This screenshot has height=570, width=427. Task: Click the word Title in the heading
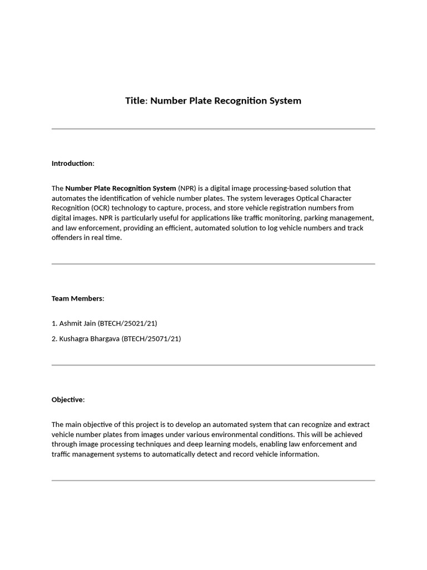click(x=135, y=101)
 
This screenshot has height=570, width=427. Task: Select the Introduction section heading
click(x=73, y=163)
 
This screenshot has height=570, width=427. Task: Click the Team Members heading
click(x=78, y=298)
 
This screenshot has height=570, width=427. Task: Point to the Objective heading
click(x=68, y=400)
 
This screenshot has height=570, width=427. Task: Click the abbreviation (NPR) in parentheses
click(x=187, y=188)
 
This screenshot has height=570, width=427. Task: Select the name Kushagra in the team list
click(x=75, y=338)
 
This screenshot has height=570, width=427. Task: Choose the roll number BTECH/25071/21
click(x=151, y=338)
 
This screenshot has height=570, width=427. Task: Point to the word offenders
click(x=68, y=238)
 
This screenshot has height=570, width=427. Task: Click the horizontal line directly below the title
click(x=213, y=129)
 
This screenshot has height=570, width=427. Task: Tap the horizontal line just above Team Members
click(x=213, y=264)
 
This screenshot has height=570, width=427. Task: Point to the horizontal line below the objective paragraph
click(x=213, y=480)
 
